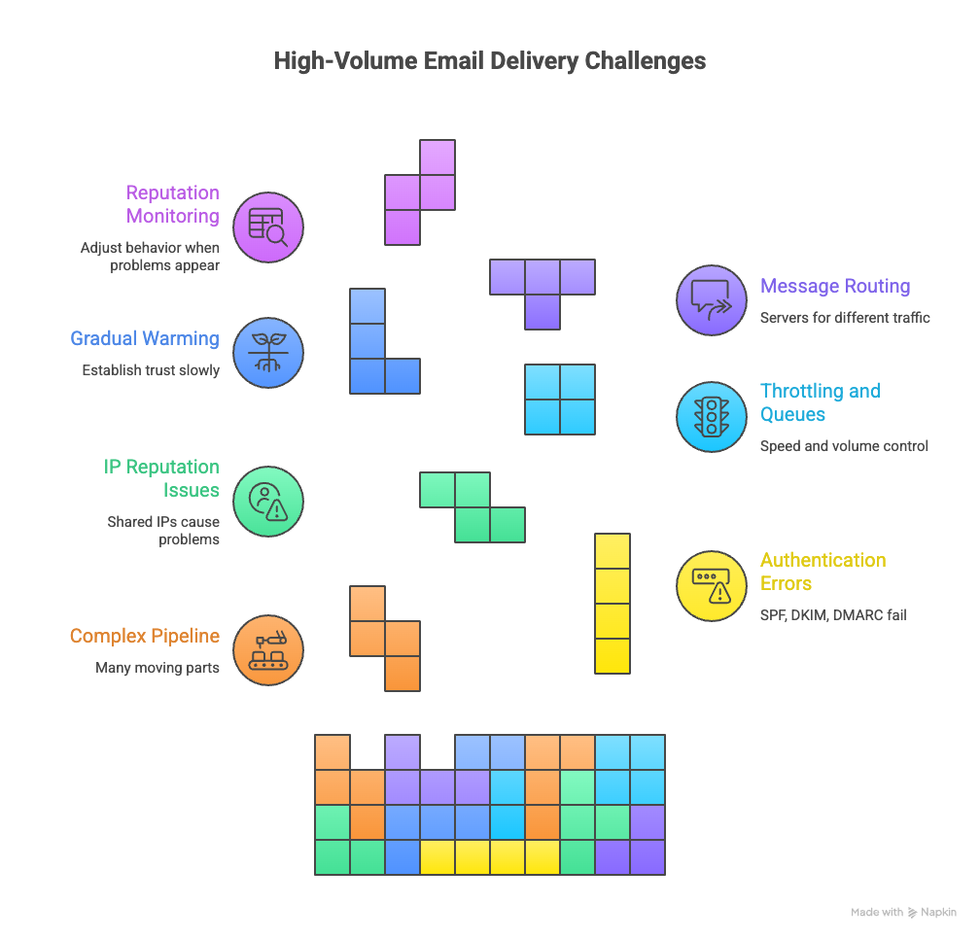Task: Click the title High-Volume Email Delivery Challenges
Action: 489,61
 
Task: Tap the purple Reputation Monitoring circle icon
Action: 268,227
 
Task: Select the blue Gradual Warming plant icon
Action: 268,354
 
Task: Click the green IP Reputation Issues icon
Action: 268,502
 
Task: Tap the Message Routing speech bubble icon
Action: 711,299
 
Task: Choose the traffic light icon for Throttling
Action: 711,417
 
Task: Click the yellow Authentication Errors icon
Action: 711,585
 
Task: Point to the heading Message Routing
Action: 835,287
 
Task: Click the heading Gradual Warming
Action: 145,339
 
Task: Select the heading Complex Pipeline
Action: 145,637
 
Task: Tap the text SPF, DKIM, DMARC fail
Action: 833,614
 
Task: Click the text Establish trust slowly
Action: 151,370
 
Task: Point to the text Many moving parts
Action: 157,668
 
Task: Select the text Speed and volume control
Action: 844,446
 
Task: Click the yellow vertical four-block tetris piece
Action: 612,603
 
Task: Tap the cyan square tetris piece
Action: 560,400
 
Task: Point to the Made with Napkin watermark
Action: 903,913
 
